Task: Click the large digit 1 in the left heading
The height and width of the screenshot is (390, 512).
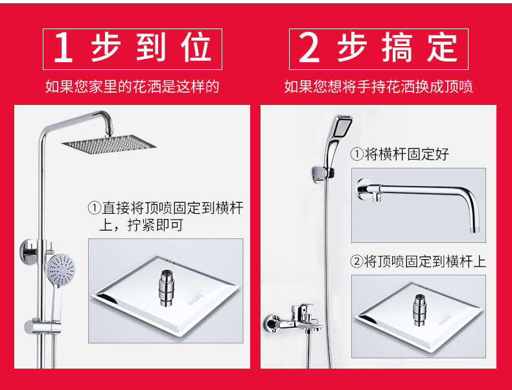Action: (x=64, y=49)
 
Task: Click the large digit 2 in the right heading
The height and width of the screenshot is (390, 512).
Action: (x=309, y=49)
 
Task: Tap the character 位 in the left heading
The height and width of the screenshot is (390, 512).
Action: (x=196, y=48)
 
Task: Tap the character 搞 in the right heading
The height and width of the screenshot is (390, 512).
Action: (x=397, y=48)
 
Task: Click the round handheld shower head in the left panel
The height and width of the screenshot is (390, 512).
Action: (x=60, y=270)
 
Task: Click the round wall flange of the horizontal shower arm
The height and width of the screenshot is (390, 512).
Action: (x=363, y=189)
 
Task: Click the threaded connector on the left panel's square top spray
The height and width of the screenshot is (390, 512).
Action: (x=167, y=288)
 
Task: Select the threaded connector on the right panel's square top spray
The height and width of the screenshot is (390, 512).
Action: (x=419, y=310)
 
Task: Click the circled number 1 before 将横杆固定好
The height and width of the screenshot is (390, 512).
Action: (x=356, y=154)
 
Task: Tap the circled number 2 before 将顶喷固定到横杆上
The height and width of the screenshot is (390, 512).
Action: (x=356, y=262)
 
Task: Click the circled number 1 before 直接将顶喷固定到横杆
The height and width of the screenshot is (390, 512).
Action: (x=95, y=208)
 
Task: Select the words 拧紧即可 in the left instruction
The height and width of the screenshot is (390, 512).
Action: (x=156, y=225)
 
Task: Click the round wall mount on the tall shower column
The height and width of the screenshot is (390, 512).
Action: (x=28, y=251)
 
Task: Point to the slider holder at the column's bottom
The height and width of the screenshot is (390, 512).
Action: (x=43, y=327)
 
